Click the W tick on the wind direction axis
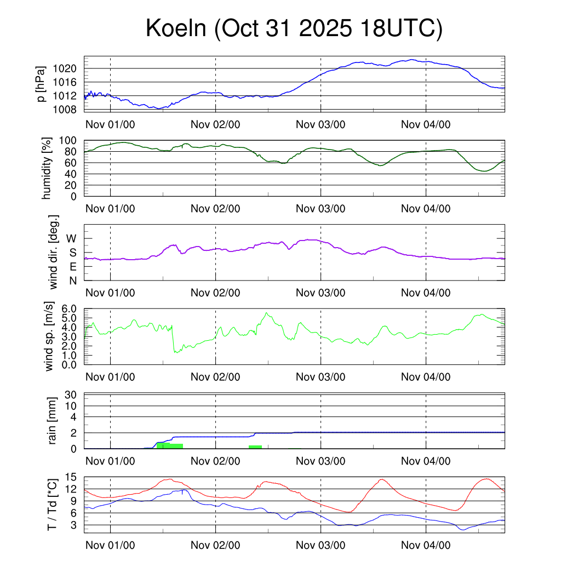pyautogui.click(x=72, y=238)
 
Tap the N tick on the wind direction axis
pyautogui.click(x=72, y=280)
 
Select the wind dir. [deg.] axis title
pyautogui.click(x=54, y=253)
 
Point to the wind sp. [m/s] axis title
pyautogui.click(x=49, y=337)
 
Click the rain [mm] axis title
pyautogui.click(x=53, y=422)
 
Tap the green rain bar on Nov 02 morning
pyautogui.click(x=255, y=447)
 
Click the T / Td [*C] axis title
pyautogui.click(x=52, y=504)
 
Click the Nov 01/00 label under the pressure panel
pyautogui.click(x=110, y=124)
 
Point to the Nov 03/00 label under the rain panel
pyautogui.click(x=320, y=461)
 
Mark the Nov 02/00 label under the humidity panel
pyautogui.click(x=215, y=209)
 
